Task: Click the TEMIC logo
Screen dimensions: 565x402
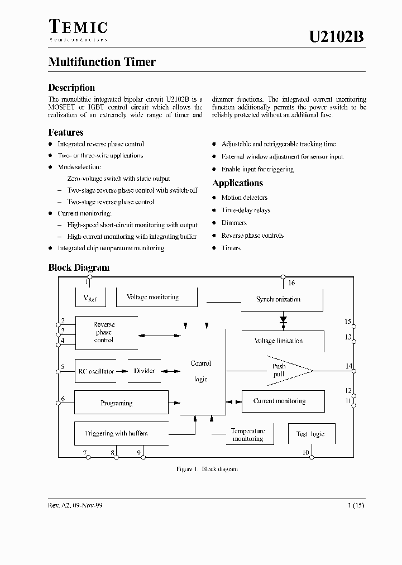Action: click(x=78, y=29)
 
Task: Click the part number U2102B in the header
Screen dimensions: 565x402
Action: click(x=337, y=37)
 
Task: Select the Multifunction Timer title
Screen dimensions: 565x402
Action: click(x=102, y=62)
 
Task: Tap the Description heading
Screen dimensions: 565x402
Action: click(x=71, y=88)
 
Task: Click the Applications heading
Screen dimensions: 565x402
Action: click(x=237, y=183)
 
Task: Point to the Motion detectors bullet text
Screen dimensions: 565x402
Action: click(x=244, y=198)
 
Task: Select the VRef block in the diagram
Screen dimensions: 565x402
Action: click(x=90, y=298)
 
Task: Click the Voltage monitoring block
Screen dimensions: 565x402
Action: click(x=153, y=298)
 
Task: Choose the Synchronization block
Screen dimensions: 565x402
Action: click(x=278, y=299)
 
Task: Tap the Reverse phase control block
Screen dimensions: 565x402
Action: click(x=104, y=332)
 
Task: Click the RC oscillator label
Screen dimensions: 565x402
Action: click(x=95, y=371)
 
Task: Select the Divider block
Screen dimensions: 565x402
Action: click(x=145, y=371)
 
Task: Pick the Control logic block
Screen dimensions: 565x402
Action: click(x=201, y=371)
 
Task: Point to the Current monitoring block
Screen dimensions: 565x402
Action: click(x=280, y=401)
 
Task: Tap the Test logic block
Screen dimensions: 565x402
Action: click(x=310, y=434)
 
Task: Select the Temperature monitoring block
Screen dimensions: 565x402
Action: click(x=247, y=435)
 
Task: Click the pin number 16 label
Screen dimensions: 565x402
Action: click(x=291, y=283)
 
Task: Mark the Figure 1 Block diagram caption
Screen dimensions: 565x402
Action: click(x=207, y=469)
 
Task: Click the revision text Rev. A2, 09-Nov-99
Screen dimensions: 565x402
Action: click(x=75, y=505)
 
